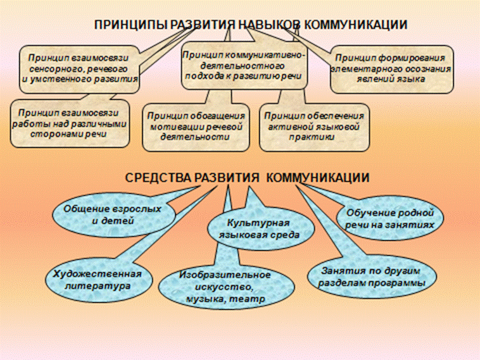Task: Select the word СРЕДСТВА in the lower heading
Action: [x=159, y=178]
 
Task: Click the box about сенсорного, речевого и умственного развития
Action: [x=80, y=69]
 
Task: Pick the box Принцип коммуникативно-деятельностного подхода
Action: [x=244, y=66]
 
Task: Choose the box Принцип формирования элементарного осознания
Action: [x=392, y=69]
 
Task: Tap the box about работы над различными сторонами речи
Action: [x=69, y=123]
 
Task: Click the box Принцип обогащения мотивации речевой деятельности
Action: [x=196, y=127]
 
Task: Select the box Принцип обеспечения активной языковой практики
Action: [x=314, y=127]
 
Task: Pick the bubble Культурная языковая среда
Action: [x=261, y=228]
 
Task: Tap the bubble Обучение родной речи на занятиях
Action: [x=389, y=219]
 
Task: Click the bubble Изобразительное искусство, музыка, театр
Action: [x=225, y=287]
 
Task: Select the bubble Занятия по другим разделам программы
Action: [x=372, y=277]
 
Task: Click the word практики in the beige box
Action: [x=312, y=137]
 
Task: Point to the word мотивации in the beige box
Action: [x=174, y=127]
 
